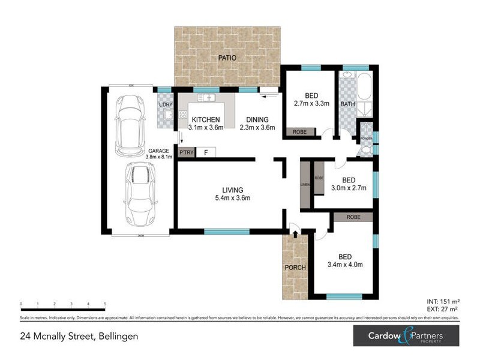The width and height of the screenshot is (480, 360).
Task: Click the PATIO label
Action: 227,58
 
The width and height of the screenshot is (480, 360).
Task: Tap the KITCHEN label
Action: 206,119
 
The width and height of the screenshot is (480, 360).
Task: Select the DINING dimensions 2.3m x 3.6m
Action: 257,127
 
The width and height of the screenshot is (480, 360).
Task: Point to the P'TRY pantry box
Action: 186,152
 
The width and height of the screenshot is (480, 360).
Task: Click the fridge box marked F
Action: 206,152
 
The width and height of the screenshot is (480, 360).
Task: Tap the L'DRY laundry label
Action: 165,106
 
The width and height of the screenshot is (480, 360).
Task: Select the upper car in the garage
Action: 130,125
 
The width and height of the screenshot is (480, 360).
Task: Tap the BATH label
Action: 347,104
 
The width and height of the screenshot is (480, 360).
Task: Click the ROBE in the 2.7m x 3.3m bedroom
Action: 299,132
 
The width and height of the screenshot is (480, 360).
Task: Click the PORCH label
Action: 295,268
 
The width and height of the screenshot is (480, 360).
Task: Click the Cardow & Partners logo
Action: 405,335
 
